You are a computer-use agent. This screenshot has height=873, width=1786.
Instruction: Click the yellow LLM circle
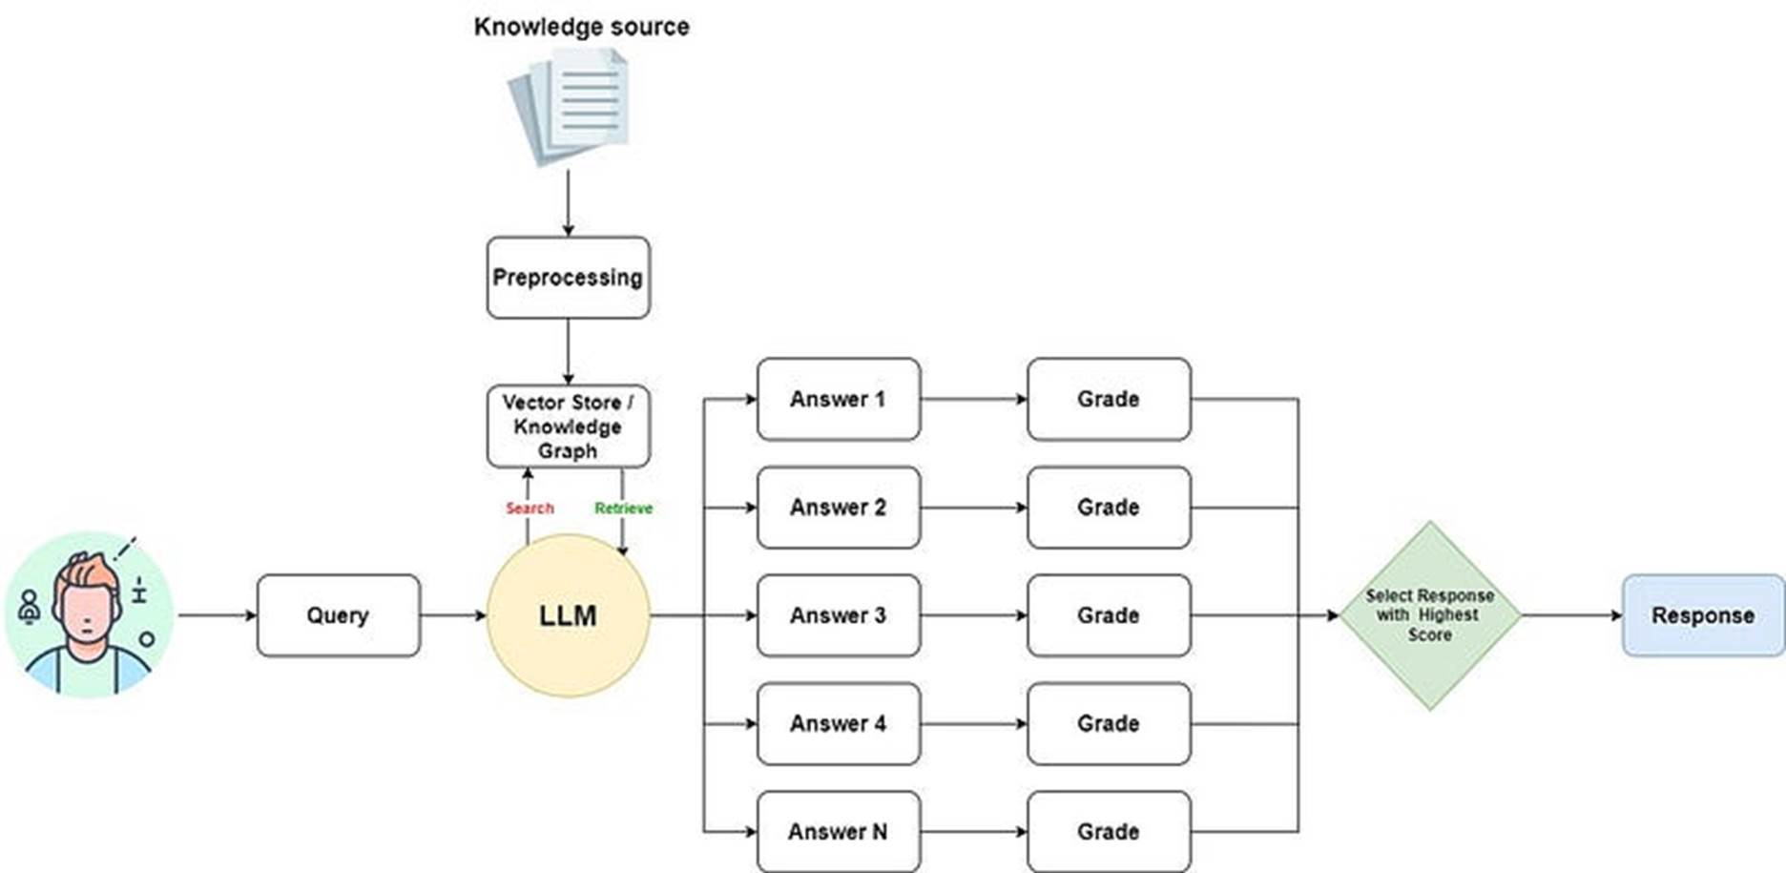pyautogui.click(x=568, y=615)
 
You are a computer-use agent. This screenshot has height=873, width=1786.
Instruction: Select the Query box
pyautogui.click(x=338, y=615)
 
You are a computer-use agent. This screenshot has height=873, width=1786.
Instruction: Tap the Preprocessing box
pyautogui.click(x=568, y=278)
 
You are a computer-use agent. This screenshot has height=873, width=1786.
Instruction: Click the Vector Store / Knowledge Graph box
pyautogui.click(x=568, y=426)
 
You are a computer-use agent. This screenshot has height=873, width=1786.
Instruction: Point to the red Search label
pyautogui.click(x=530, y=508)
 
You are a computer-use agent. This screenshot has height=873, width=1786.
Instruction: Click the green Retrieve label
pyautogui.click(x=623, y=508)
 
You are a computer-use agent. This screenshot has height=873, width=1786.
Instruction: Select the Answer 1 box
pyautogui.click(x=838, y=399)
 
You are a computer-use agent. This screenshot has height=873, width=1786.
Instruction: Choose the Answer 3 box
pyautogui.click(x=838, y=615)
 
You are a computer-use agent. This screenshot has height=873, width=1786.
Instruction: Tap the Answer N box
pyautogui.click(x=838, y=831)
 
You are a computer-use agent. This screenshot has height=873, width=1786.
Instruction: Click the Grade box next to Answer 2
pyautogui.click(x=1108, y=507)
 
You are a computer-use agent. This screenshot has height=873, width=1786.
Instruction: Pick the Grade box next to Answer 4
pyautogui.click(x=1108, y=723)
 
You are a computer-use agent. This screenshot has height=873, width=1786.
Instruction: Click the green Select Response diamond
pyautogui.click(x=1429, y=615)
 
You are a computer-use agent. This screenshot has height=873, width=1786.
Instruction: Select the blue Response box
pyautogui.click(x=1703, y=615)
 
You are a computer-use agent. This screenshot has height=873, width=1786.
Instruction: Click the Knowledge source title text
pyautogui.click(x=581, y=27)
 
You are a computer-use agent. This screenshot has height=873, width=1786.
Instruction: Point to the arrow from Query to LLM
pyautogui.click(x=453, y=615)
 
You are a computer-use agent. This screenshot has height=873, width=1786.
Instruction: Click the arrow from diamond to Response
pyautogui.click(x=1572, y=615)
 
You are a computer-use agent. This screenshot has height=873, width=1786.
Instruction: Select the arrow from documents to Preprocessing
pyautogui.click(x=568, y=203)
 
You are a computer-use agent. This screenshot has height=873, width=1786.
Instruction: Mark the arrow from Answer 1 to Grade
pyautogui.click(x=973, y=399)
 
